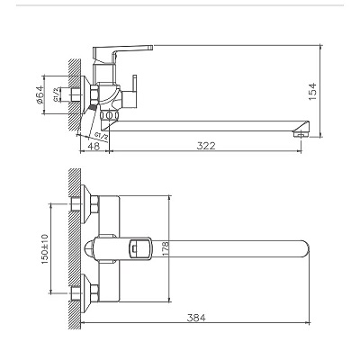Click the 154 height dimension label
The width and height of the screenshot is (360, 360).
pos(334,93)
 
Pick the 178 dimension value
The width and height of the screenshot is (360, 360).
pos(166,247)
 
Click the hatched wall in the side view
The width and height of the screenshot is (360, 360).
pos(72,90)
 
